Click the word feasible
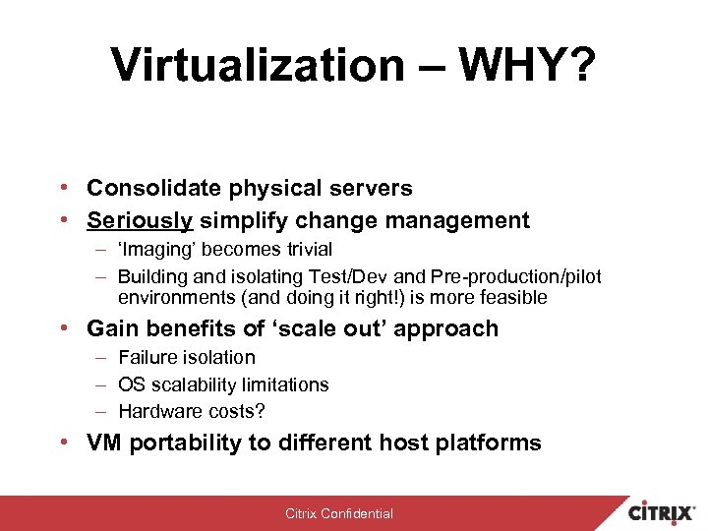tap(513, 297)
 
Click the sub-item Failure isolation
tap(186, 357)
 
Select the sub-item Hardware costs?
tap(191, 411)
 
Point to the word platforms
tap(493, 443)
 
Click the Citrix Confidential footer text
tap(338, 513)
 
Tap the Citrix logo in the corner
tap(662, 512)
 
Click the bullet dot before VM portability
tap(62, 442)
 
